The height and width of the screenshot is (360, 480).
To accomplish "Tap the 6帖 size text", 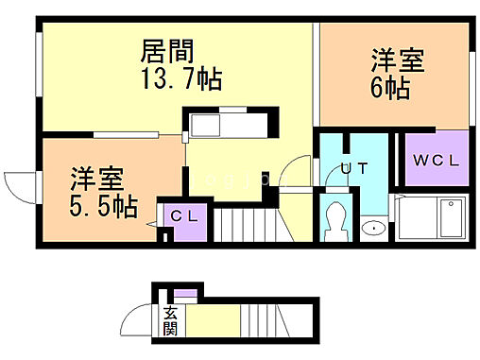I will (390, 90).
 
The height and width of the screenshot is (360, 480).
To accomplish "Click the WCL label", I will (435, 161).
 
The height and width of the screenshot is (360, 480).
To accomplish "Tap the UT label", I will (354, 168).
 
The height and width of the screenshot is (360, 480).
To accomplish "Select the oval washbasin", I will (374, 228).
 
